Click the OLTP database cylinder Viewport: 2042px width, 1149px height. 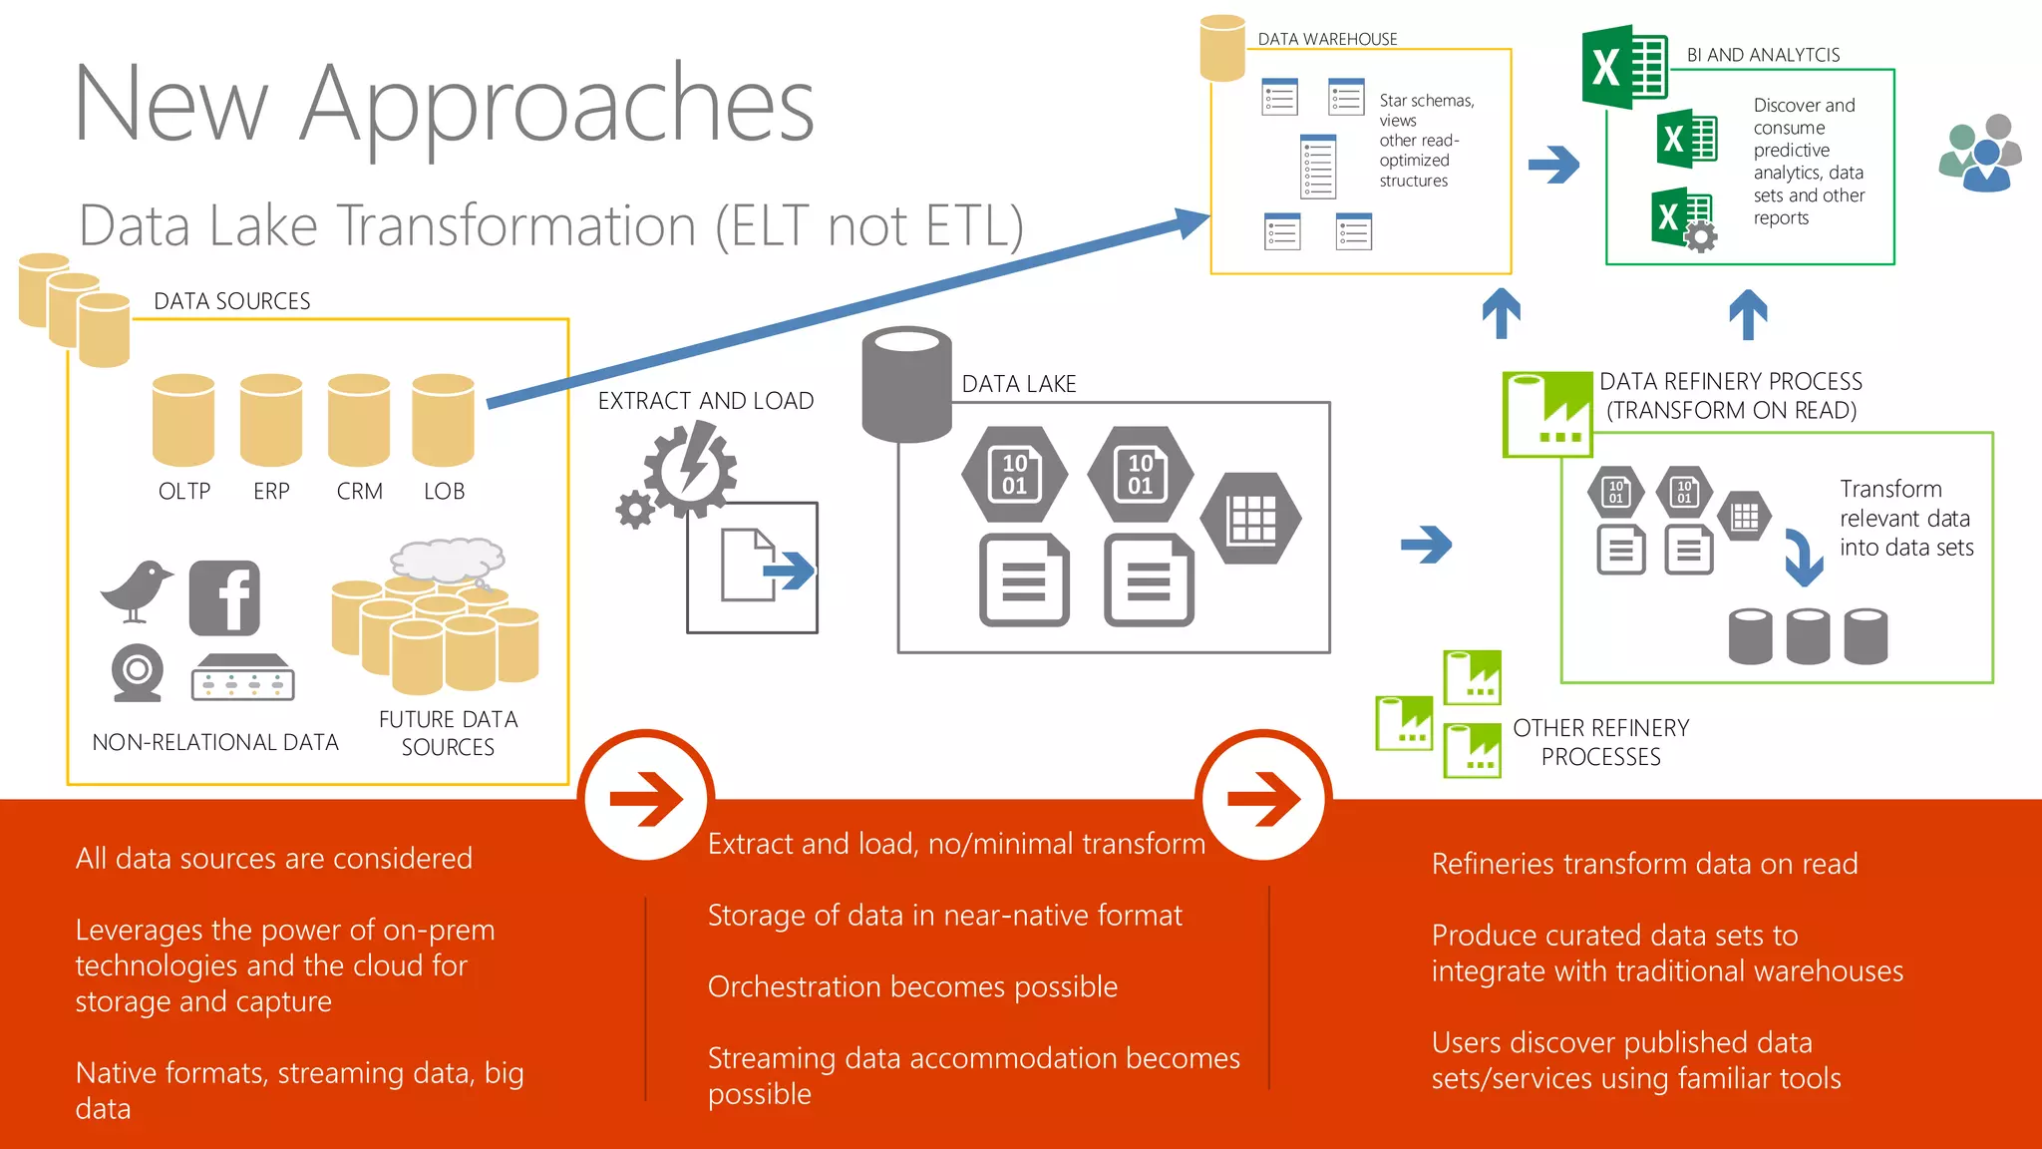coord(183,420)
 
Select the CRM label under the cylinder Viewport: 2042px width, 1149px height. coord(360,492)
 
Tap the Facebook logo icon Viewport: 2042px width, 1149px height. coord(224,597)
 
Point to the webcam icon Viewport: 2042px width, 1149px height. coord(137,672)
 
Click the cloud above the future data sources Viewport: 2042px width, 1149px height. coord(448,560)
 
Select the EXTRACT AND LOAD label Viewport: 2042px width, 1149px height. coord(706,401)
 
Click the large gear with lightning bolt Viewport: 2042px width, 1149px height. coord(690,468)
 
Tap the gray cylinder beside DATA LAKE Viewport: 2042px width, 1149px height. coord(906,384)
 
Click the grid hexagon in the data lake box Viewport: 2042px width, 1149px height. coord(1251,519)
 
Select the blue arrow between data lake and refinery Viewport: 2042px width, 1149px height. coord(1426,545)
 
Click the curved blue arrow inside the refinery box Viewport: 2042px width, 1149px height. coord(1804,557)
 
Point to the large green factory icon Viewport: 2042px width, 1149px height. coord(1547,414)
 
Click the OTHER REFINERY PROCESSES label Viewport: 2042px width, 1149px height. coord(1600,742)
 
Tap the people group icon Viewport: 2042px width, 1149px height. coord(1981,154)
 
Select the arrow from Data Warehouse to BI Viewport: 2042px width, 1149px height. coord(1553,165)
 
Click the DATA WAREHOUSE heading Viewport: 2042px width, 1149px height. coord(1327,39)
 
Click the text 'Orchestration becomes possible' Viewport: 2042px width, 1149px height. coord(912,986)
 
